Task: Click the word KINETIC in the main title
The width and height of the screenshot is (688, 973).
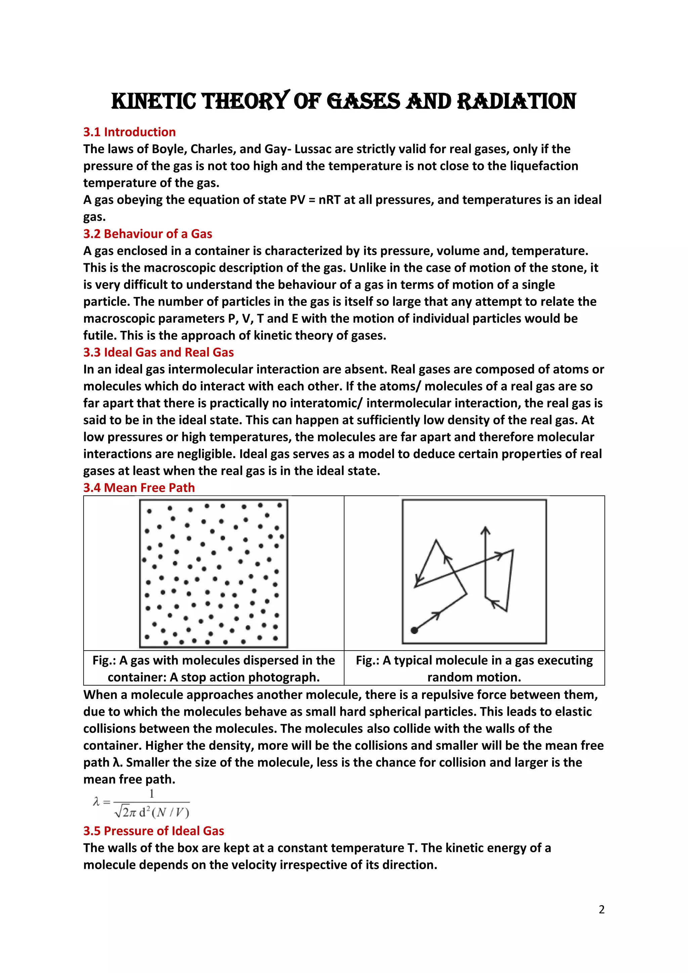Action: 154,102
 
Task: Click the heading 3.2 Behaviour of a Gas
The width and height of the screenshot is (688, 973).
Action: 147,233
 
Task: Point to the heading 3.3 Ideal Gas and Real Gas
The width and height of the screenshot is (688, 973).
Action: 158,352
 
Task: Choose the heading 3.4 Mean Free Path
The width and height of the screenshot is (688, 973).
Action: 139,487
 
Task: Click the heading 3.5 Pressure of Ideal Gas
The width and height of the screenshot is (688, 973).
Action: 154,831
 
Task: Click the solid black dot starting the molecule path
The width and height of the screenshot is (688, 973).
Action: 414,630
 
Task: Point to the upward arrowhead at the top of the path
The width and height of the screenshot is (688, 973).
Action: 485,530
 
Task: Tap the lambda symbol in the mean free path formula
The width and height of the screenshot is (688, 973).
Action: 96,801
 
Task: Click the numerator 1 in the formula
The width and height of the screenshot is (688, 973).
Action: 151,793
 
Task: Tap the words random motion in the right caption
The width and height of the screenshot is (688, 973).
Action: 474,677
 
